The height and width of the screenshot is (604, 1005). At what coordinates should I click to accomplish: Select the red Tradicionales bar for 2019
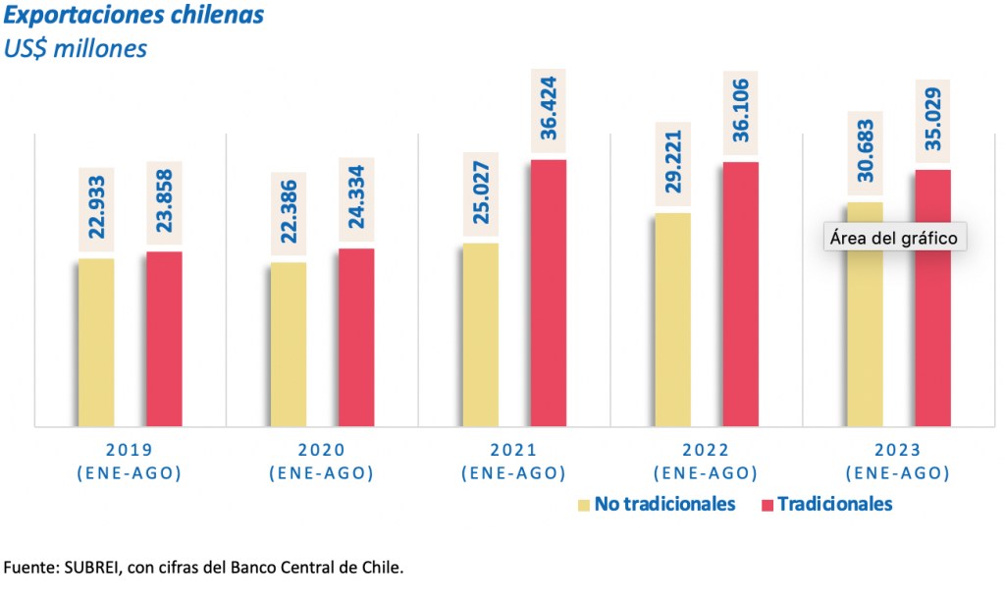pyautogui.click(x=164, y=339)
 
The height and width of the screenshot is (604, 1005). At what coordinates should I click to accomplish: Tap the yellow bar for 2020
pyautogui.click(x=288, y=344)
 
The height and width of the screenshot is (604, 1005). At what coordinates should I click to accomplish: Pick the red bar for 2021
pyautogui.click(x=549, y=293)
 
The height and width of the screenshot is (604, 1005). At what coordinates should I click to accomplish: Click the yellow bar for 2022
pyautogui.click(x=672, y=319)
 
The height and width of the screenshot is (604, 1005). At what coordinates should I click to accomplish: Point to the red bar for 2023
pyautogui.click(x=933, y=298)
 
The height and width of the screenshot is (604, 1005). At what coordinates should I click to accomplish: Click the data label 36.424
pyautogui.click(x=549, y=110)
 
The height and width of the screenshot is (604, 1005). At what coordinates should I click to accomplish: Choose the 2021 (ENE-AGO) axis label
pyautogui.click(x=513, y=461)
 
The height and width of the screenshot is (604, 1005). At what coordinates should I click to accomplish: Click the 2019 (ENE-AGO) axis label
pyautogui.click(x=129, y=461)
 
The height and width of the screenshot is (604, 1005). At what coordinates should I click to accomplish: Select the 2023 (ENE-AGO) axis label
pyautogui.click(x=899, y=461)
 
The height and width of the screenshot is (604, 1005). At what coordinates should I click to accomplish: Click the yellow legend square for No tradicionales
pyautogui.click(x=584, y=505)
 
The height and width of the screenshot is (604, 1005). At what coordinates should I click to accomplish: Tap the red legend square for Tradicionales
pyautogui.click(x=767, y=505)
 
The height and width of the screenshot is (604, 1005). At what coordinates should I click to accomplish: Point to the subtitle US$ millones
pyautogui.click(x=76, y=47)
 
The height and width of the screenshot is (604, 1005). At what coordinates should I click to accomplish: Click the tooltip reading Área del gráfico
pyautogui.click(x=892, y=238)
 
